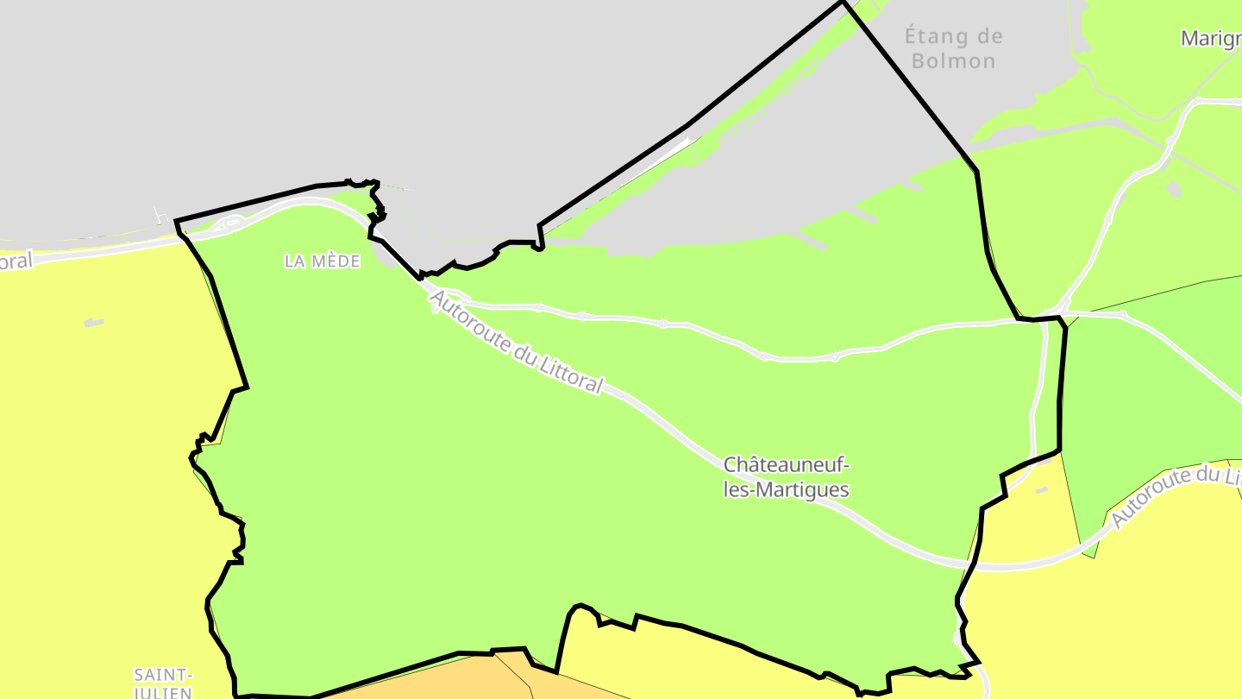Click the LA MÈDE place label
point(322,261)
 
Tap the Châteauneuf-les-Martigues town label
point(786,477)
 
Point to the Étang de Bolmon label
point(953,48)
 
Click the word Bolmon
point(953,61)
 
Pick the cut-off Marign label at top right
point(1211,39)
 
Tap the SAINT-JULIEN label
point(163,683)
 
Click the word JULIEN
point(163,692)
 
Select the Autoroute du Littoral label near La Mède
point(515,343)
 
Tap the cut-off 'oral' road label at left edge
point(16,261)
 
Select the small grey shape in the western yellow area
point(94,324)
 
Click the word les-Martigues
point(786,490)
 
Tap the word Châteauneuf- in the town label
point(786,465)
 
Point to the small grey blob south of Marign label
point(1173,188)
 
